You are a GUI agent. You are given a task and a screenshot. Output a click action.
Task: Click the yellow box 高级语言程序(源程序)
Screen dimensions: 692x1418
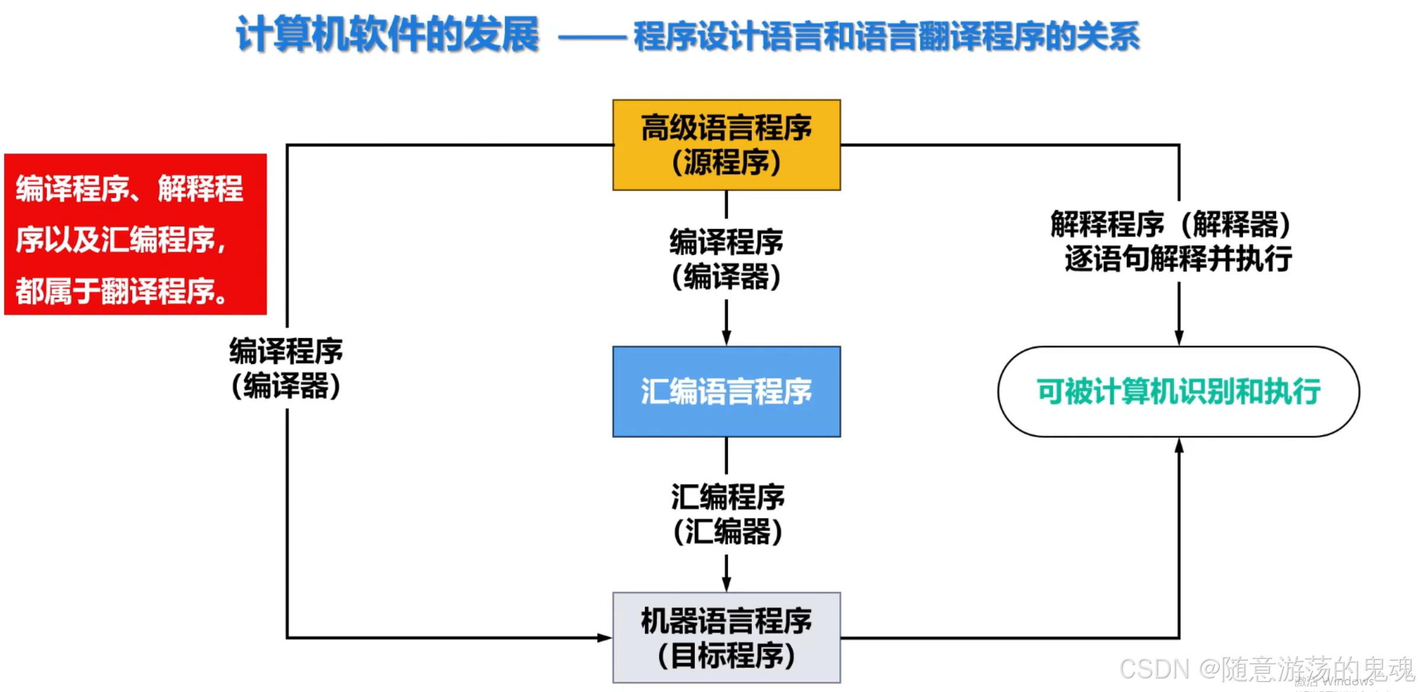click(726, 145)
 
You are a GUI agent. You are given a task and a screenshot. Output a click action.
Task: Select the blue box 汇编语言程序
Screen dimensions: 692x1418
click(726, 391)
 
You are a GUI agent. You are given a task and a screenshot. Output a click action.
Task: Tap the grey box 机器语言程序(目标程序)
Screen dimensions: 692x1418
click(726, 637)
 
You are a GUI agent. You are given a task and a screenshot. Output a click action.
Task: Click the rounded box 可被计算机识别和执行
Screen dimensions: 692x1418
click(1178, 391)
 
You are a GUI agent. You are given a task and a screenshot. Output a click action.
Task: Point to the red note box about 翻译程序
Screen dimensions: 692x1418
click(135, 234)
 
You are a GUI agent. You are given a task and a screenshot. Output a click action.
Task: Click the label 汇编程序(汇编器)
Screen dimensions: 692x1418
click(727, 514)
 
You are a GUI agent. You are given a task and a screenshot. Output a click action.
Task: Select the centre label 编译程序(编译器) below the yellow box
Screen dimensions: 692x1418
click(726, 259)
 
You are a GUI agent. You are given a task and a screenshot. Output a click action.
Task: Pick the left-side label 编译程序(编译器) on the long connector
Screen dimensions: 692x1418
click(286, 368)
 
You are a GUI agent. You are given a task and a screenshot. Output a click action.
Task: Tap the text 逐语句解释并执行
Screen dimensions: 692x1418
click(1178, 259)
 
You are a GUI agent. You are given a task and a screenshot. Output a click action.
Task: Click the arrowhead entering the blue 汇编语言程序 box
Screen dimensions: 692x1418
click(726, 338)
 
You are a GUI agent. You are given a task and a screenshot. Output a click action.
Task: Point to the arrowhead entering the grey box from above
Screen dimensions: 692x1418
click(726, 584)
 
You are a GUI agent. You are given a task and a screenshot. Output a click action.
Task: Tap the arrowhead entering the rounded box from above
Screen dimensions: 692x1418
click(1179, 338)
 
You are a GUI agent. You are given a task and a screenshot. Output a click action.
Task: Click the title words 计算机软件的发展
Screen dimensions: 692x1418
click(387, 34)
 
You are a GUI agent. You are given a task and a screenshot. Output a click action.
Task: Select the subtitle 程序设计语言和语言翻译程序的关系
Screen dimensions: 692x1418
click(886, 36)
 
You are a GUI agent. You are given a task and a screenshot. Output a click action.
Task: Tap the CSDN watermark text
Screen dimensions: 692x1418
click(1266, 669)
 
